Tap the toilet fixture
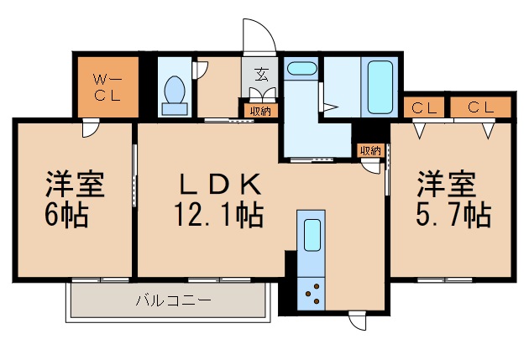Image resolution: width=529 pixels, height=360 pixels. coord(175,93)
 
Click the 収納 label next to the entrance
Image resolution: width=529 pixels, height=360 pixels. coord(259,110)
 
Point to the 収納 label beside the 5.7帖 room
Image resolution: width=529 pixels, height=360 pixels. coord(369,151)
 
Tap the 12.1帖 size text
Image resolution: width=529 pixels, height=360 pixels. coord(221,216)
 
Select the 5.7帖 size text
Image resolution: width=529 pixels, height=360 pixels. coord(454,216)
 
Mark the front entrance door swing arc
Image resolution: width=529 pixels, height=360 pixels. coord(258,34)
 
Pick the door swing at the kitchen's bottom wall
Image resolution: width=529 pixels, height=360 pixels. coord(359,320)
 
